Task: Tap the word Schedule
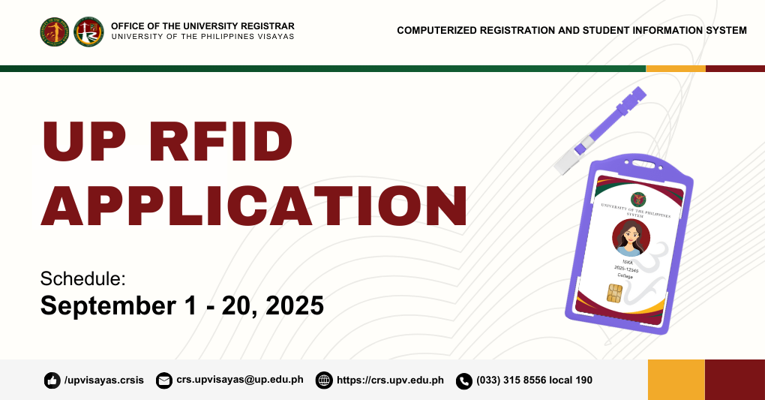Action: [x=82, y=278]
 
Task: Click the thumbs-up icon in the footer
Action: [x=52, y=380]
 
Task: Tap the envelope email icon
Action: [x=163, y=380]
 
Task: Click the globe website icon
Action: [x=324, y=380]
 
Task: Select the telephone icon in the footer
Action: [x=463, y=380]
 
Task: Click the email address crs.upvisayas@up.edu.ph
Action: [x=239, y=380]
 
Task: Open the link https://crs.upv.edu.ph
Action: [x=390, y=380]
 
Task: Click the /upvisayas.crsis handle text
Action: [x=103, y=380]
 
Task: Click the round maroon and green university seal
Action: [x=55, y=32]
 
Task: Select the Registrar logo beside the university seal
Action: [x=88, y=32]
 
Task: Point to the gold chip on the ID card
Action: [x=614, y=293]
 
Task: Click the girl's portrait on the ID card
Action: [x=630, y=238]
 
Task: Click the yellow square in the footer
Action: [x=676, y=380]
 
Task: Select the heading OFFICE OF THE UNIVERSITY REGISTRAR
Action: [x=202, y=26]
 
